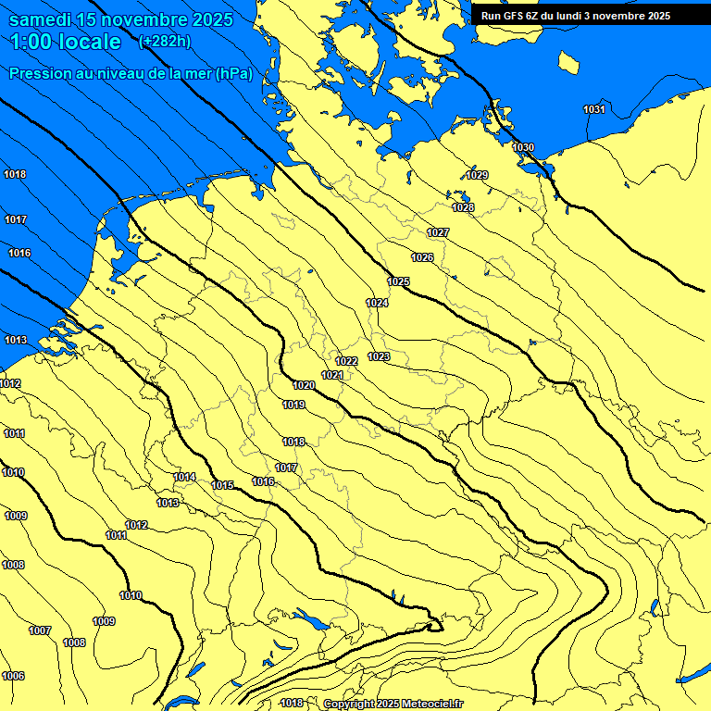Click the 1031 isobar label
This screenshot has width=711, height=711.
(594, 110)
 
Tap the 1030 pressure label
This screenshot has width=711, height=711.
(523, 147)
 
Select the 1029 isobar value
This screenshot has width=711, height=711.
(477, 175)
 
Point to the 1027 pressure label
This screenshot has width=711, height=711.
(438, 232)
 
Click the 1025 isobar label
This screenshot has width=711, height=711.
(398, 281)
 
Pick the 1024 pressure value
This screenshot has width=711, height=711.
(377, 303)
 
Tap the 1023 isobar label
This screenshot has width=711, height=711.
(379, 356)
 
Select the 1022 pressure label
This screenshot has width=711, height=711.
(346, 361)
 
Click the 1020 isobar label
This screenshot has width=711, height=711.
(303, 385)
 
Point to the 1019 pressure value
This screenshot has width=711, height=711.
(293, 405)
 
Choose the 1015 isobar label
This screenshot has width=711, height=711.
(222, 485)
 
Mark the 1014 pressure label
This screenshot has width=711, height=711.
(184, 477)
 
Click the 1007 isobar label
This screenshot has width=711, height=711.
(40, 630)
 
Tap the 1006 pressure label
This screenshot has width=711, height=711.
(13, 676)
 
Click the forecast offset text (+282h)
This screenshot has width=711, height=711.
(164, 41)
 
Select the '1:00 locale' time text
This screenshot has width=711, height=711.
(66, 42)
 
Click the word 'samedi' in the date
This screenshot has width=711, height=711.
(43, 19)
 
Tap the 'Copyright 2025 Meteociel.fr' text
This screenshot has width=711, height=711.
(393, 704)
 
